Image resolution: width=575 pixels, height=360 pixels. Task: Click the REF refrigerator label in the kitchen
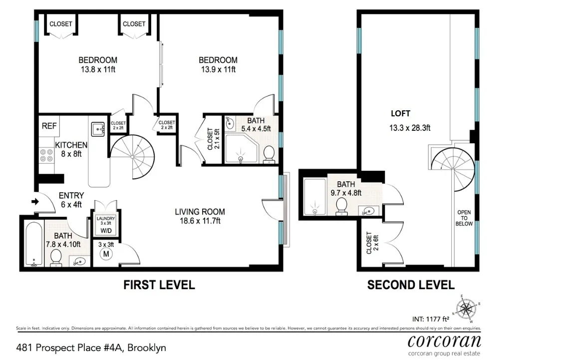pyautogui.click(x=49, y=126)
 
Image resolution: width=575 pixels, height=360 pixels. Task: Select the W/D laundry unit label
pyautogui.click(x=106, y=231)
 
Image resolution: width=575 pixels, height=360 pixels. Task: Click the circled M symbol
pyautogui.click(x=106, y=254)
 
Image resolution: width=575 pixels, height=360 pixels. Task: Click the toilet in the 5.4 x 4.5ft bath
pyautogui.click(x=269, y=154)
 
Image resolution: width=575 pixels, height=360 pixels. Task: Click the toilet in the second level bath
pyautogui.click(x=342, y=206)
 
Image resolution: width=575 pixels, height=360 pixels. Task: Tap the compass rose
pyautogui.click(x=465, y=309)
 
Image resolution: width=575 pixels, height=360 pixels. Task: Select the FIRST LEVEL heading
pyautogui.click(x=159, y=285)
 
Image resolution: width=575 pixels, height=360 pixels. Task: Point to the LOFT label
pyautogui.click(x=400, y=114)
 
